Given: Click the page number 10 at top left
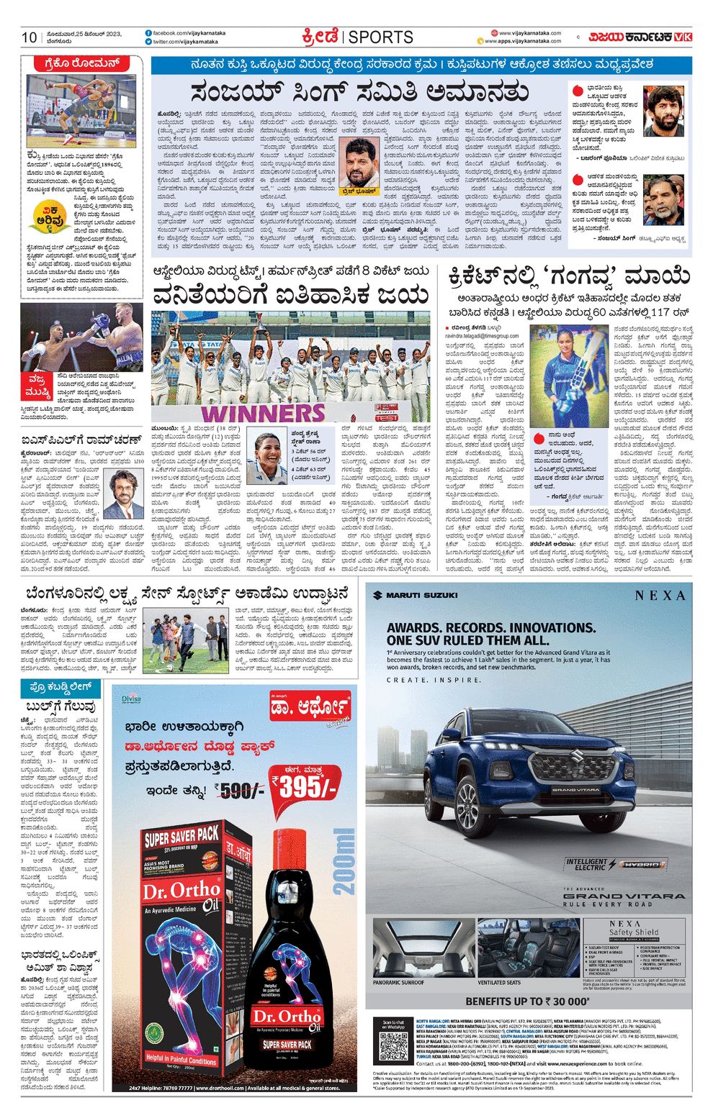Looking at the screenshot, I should click(29, 37).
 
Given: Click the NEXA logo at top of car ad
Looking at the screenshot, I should click(660, 595).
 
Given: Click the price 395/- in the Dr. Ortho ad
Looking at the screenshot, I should click(303, 787).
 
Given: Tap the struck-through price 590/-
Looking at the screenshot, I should click(241, 791).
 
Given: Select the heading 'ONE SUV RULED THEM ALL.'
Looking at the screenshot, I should click(467, 640).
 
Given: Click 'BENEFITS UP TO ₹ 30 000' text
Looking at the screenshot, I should click(527, 1001).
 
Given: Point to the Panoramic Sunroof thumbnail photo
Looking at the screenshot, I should click(420, 947).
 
